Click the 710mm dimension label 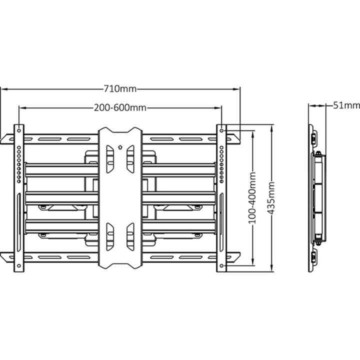(120, 89)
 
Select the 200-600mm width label (120, 107)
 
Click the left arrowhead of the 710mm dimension (3, 89)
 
